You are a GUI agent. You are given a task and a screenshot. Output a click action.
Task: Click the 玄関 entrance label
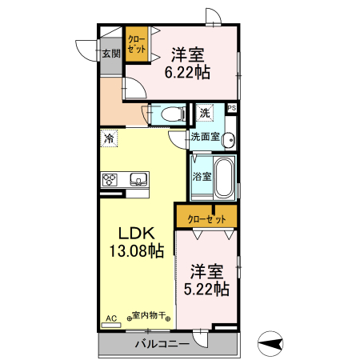click(x=110, y=54)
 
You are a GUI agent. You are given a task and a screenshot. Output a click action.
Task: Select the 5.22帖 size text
click(x=207, y=289)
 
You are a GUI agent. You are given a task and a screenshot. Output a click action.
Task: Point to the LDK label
click(x=135, y=234)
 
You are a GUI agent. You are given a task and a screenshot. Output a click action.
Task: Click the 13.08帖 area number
click(x=135, y=251)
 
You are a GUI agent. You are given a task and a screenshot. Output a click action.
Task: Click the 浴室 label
click(x=202, y=177)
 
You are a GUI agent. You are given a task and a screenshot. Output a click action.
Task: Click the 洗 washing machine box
click(x=206, y=113)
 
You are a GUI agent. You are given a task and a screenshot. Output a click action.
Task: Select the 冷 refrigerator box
click(x=109, y=138)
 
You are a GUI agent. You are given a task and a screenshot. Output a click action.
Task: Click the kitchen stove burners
click(x=110, y=179)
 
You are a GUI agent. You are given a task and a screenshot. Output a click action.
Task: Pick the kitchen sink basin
click(x=136, y=179)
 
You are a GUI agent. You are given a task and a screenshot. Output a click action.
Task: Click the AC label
click(x=110, y=318)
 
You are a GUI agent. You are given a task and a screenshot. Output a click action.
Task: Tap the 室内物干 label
click(x=148, y=318)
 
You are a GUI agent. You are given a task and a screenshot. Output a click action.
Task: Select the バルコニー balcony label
click(x=161, y=344)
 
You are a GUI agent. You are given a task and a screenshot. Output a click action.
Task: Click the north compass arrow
click(x=273, y=345)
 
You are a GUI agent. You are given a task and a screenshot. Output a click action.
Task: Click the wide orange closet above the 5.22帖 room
click(x=206, y=218)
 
